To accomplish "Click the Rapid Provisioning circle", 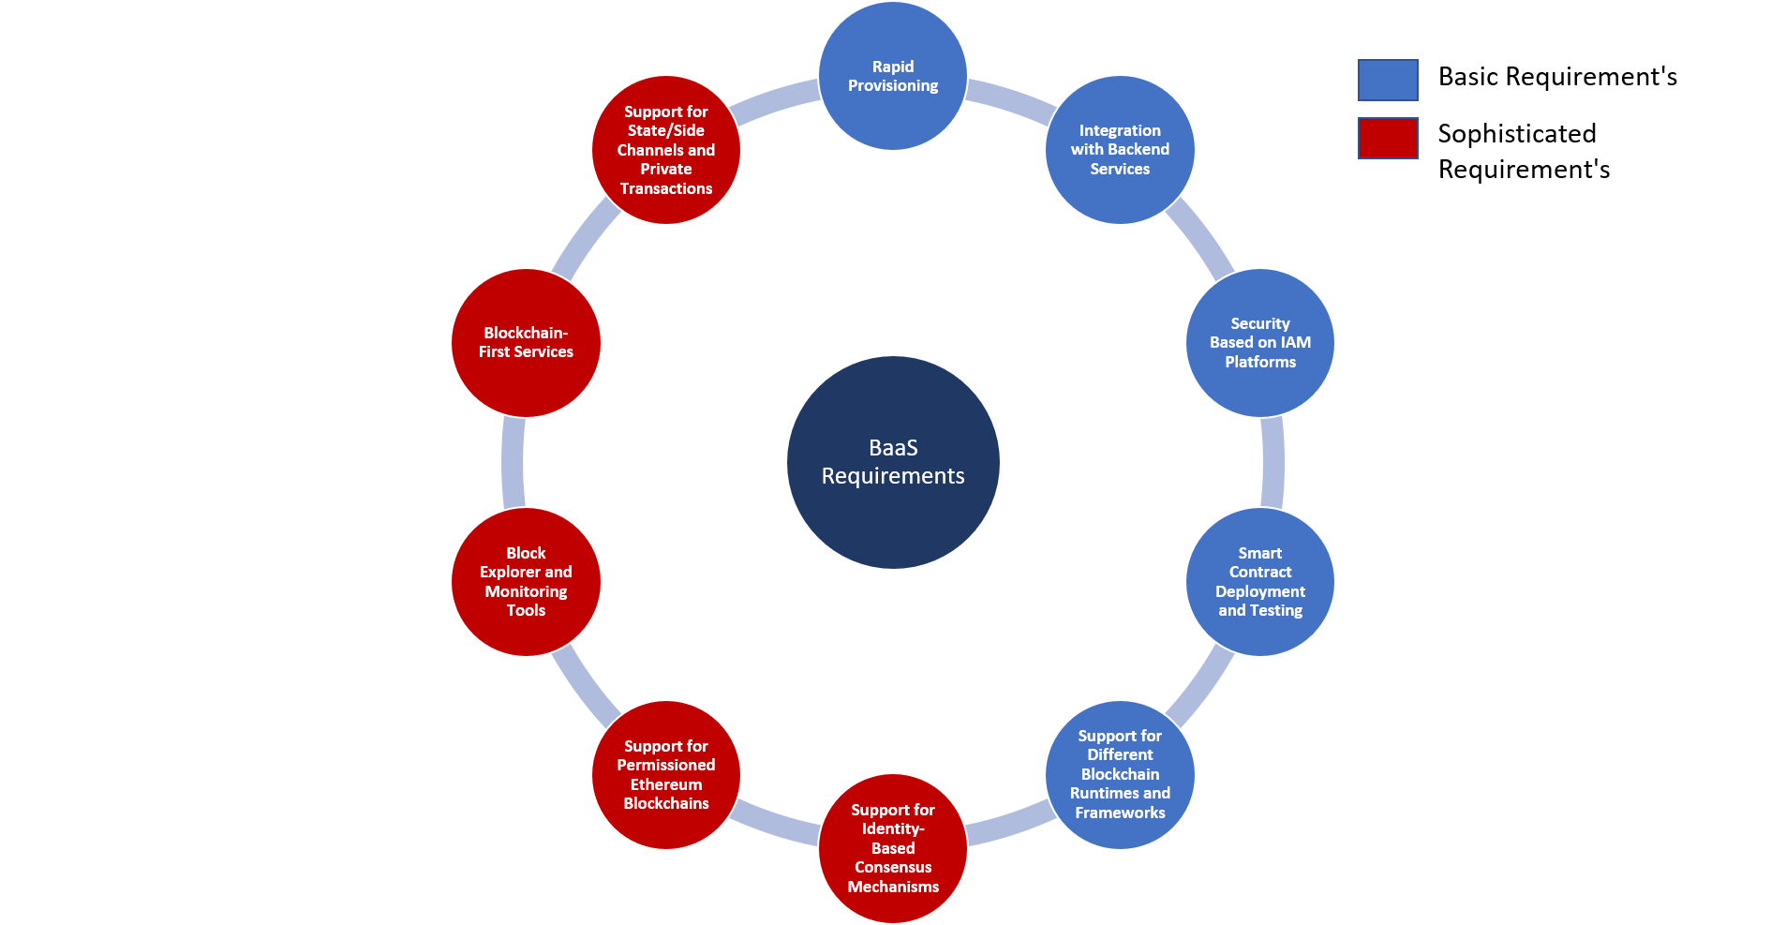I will pos(893,76).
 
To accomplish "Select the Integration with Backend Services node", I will pos(1120,150).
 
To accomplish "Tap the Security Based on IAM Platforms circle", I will pos(1260,343).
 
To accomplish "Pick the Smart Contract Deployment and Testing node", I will pos(1260,582).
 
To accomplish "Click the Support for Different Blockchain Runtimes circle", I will pos(1120,775).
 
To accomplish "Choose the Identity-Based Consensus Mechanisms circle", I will pos(893,848).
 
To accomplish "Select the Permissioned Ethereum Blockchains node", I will pos(666,775).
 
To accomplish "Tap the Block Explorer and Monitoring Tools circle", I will pos(526,582).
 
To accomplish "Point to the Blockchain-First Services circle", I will pos(526,343).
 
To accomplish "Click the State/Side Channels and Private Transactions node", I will pos(666,150).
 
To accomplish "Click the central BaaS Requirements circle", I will pos(893,462).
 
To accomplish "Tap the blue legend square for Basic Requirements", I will pos(1388,80).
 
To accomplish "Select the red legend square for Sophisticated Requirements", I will pos(1388,138).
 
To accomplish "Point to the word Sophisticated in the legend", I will pos(1517,134).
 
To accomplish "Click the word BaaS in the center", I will pos(893,448).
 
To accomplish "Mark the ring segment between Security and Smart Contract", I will pos(1273,462).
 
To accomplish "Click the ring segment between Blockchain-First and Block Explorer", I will pos(513,462).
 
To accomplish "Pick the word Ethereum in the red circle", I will pos(666,784).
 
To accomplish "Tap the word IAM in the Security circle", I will pos(1296,343).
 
